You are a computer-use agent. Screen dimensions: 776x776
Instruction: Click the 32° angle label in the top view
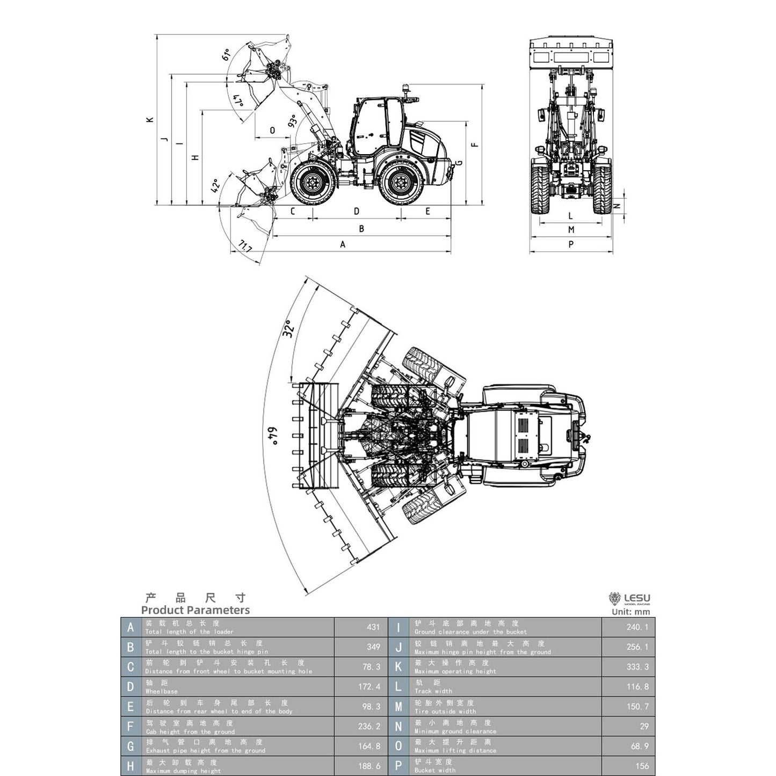coord(288,328)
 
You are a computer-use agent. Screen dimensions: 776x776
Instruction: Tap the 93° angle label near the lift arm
coord(293,121)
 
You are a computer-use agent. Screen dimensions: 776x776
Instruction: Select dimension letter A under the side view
coord(343,244)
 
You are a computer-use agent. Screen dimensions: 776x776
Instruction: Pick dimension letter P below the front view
coord(571,244)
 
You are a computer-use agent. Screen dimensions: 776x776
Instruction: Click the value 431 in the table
coord(373,627)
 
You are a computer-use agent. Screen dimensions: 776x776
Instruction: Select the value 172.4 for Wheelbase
coord(369,686)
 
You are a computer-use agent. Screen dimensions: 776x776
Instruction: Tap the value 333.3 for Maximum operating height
coord(637,666)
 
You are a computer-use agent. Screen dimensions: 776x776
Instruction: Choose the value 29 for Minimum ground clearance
coord(644,726)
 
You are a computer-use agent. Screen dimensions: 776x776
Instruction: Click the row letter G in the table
coord(130,746)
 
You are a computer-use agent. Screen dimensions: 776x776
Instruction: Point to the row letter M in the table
coord(398,707)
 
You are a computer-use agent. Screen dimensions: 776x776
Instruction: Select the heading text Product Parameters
coord(195,610)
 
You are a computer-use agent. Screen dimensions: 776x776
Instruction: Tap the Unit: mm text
coord(630,612)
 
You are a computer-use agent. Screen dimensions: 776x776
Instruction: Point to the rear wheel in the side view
coord(400,183)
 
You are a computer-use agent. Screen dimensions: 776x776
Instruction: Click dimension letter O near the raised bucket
coord(272,130)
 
